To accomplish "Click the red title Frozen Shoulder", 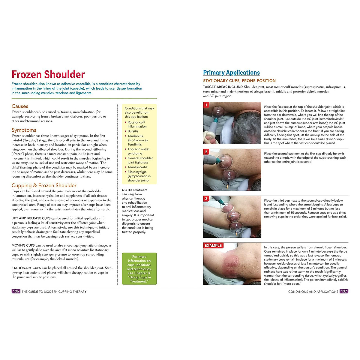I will (48, 74).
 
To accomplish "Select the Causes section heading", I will (20, 106).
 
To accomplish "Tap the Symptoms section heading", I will (24, 130).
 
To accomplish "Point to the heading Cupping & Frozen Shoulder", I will (44, 185).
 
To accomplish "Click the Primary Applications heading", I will (231, 73).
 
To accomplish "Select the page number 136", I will (16, 291).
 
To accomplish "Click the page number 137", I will (344, 291).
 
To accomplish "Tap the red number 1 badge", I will (206, 105).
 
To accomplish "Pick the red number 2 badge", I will (206, 152).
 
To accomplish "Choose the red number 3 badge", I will (206, 199).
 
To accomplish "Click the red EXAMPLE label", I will (213, 245).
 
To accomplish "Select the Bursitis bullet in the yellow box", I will (133, 131).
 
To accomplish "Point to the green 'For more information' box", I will (139, 269).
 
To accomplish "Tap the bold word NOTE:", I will (127, 190).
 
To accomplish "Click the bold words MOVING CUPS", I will (23, 245).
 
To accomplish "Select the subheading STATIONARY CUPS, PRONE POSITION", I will (239, 81).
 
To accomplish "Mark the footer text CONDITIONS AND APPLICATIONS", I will (313, 292).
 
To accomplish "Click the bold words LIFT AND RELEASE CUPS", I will (31, 218).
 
